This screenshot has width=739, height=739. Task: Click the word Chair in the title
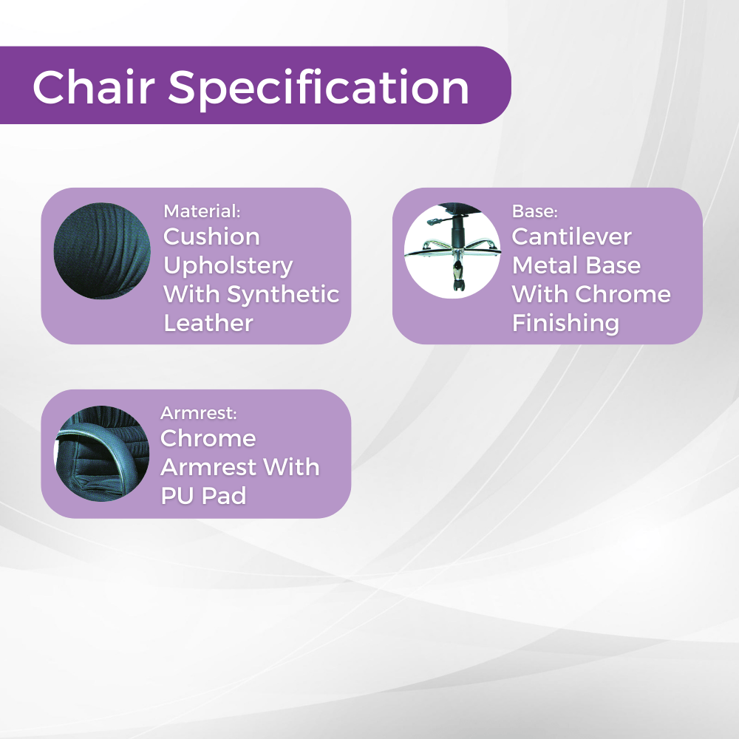[94, 87]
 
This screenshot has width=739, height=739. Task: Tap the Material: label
[202, 211]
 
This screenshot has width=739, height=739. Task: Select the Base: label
[534, 211]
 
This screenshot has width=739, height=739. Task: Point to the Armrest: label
[198, 412]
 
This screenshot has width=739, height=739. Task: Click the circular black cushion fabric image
[102, 251]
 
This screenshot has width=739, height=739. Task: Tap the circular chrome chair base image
[452, 251]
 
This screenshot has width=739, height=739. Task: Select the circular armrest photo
[102, 453]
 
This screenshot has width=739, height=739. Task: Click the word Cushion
[211, 236]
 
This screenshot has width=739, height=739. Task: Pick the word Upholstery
[228, 266]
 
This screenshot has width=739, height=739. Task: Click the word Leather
[208, 323]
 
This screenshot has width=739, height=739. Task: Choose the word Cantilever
[571, 236]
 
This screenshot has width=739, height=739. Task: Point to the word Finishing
[565, 323]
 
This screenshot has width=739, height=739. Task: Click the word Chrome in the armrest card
[208, 438]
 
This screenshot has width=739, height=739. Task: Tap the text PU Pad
[203, 496]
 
